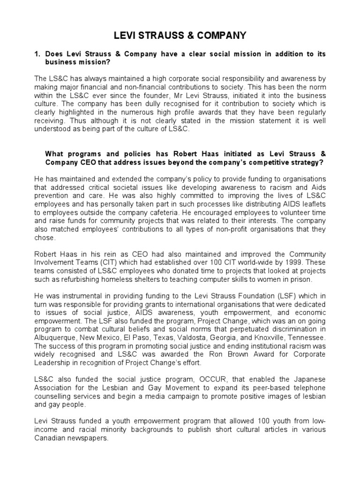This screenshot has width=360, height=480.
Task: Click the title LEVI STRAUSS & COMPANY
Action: click(x=180, y=36)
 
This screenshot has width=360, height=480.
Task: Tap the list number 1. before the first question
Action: click(x=37, y=54)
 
